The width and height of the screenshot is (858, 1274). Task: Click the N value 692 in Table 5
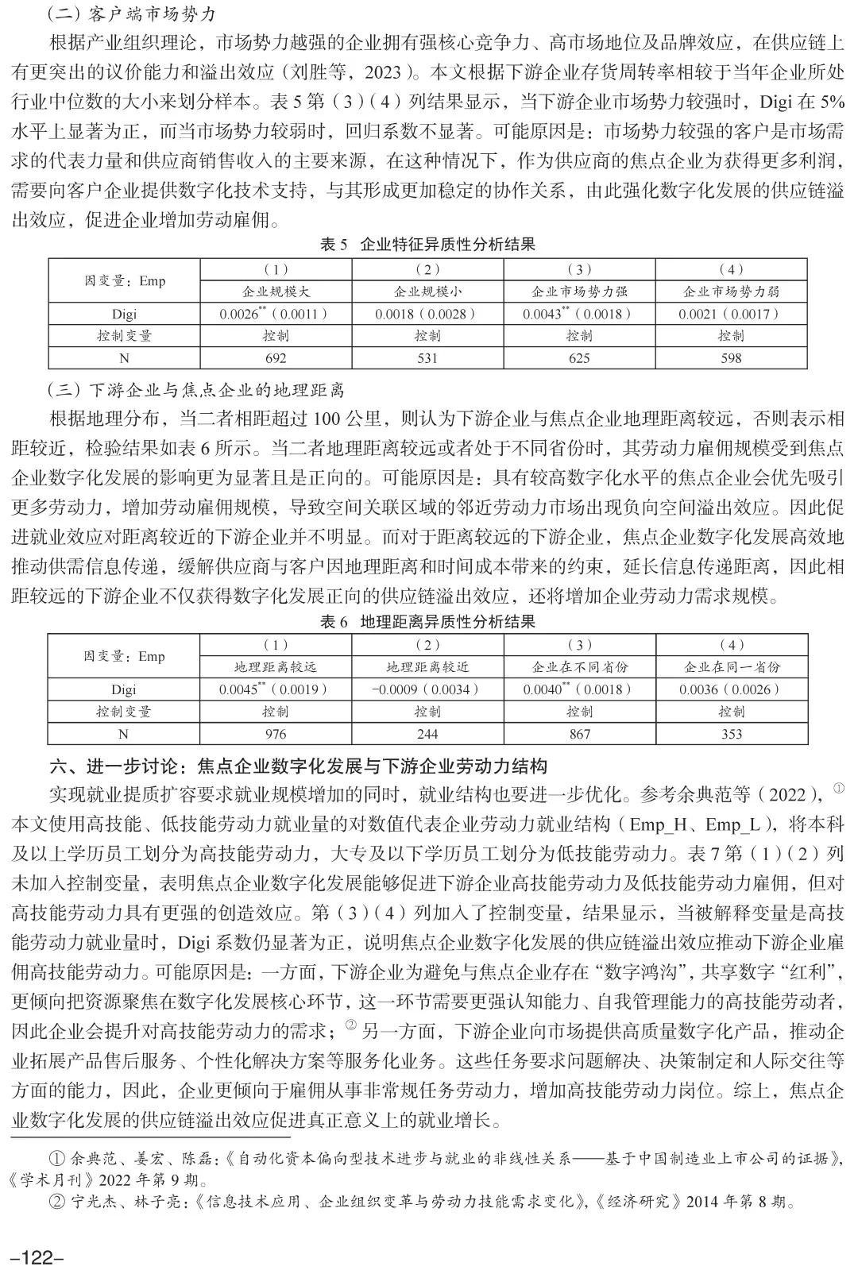275,357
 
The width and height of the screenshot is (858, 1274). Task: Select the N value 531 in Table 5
427,357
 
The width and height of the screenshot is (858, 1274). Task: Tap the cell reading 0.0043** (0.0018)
579,314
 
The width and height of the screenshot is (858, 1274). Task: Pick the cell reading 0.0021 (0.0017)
731,314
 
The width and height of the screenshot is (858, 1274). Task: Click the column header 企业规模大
275,291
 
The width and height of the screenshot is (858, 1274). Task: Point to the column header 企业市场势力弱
731,291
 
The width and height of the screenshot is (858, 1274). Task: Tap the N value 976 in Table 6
275,734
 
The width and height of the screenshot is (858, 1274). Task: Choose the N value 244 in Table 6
427,734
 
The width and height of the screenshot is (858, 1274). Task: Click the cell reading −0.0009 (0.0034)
427,689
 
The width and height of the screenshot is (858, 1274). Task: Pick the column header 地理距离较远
275,667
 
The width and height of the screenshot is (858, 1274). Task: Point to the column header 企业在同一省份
731,667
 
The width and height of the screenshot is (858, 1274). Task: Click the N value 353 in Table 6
731,734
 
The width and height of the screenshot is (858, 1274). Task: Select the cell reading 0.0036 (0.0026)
731,689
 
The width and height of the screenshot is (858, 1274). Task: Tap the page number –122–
36,1257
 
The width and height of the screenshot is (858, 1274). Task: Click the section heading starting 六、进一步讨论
298,766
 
